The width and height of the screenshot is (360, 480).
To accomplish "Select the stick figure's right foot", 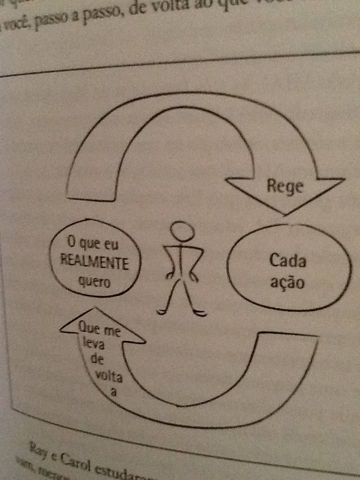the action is [x=199, y=313].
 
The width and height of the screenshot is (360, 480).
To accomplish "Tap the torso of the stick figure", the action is [x=182, y=260].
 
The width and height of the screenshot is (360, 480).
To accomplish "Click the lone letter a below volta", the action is [x=113, y=392].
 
